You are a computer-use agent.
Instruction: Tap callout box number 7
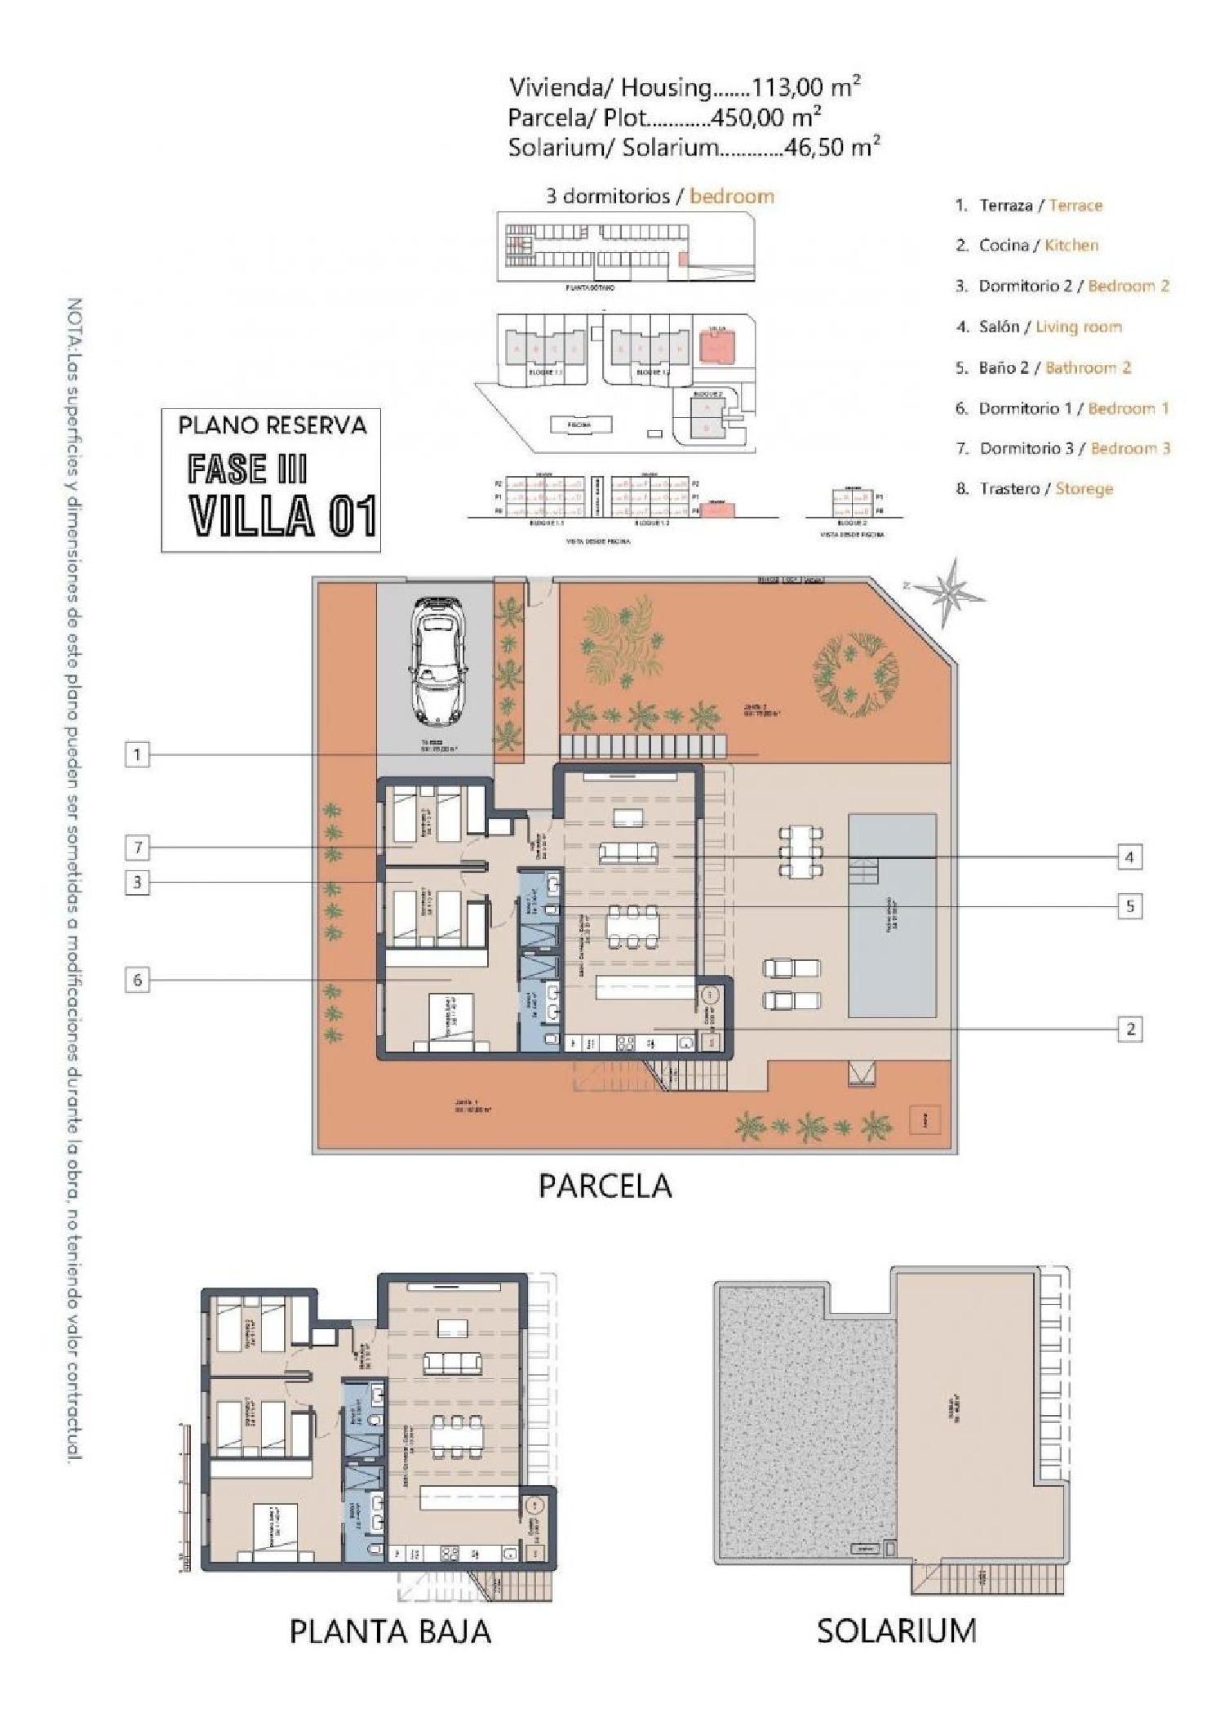tap(138, 847)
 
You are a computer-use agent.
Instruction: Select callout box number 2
tap(1130, 1029)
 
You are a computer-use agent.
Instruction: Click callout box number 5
tap(1130, 905)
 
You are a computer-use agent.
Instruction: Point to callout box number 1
tap(137, 754)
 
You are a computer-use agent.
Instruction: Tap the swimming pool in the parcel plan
tap(891, 915)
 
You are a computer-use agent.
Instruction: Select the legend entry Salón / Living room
tap(1038, 327)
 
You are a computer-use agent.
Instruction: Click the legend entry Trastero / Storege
tap(1034, 488)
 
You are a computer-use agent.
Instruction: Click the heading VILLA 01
tap(282, 516)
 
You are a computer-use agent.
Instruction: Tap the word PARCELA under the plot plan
tap(605, 1186)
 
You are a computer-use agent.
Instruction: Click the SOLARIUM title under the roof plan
tap(896, 1630)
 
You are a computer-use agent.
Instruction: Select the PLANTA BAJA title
tap(390, 1631)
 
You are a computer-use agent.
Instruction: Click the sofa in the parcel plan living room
tap(628, 854)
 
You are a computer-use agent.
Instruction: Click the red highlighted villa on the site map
tap(716, 347)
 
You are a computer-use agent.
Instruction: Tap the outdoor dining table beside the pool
tap(800, 851)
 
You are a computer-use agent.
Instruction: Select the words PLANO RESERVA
tap(272, 425)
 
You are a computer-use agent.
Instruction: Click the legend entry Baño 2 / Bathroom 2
tap(1043, 367)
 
